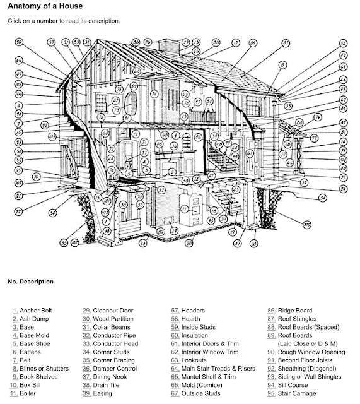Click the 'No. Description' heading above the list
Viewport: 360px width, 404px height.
pyautogui.click(x=30, y=281)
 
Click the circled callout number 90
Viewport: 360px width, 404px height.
pyautogui.click(x=18, y=42)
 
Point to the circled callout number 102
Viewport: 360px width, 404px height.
pyautogui.click(x=74, y=241)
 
